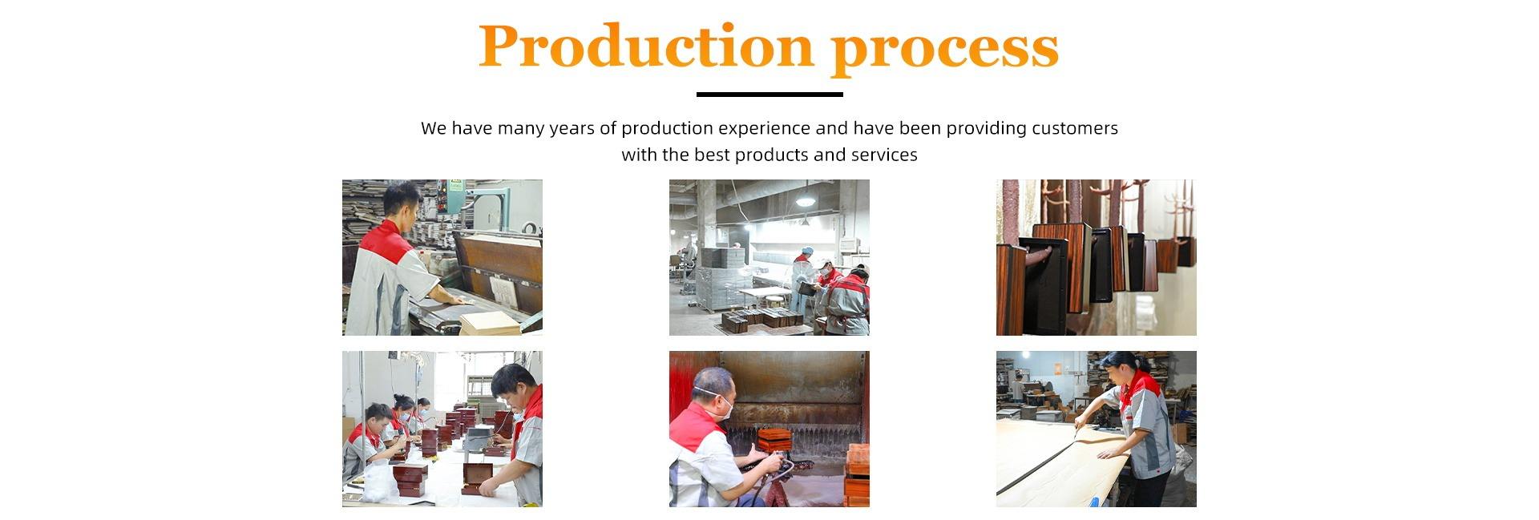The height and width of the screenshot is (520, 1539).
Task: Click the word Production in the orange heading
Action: (646, 46)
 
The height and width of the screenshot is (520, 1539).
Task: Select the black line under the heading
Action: (769, 95)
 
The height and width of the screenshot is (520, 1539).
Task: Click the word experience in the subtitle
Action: (764, 129)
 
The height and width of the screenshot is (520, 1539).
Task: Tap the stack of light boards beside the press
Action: (490, 322)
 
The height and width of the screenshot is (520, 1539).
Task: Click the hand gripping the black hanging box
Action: (1040, 256)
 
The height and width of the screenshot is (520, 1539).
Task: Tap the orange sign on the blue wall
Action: (1058, 368)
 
